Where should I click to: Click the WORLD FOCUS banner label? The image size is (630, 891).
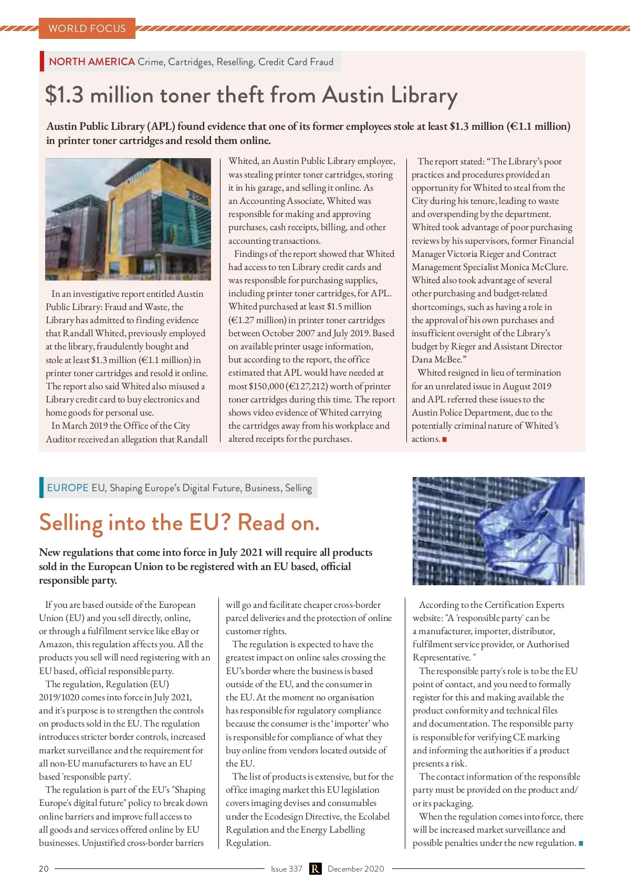pyautogui.click(x=87, y=28)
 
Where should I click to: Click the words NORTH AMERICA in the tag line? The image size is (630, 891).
pyautogui.click(x=92, y=61)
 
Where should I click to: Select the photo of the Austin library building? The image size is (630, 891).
pyautogui.click(x=128, y=219)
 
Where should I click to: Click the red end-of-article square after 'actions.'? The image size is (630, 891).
pyautogui.click(x=445, y=439)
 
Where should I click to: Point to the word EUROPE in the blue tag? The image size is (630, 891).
pyautogui.click(x=68, y=488)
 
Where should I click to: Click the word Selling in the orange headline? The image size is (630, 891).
pyautogui.click(x=71, y=523)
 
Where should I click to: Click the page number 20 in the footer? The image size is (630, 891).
pyautogui.click(x=44, y=868)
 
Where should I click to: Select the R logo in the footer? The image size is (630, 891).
pyautogui.click(x=315, y=868)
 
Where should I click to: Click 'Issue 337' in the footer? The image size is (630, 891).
pyautogui.click(x=287, y=868)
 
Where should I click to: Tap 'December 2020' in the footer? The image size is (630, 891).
pyautogui.click(x=356, y=868)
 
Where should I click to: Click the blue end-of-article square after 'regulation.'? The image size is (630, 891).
pyautogui.click(x=581, y=843)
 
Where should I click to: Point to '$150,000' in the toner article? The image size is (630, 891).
pyautogui.click(x=266, y=386)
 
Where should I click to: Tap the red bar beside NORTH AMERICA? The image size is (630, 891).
pyautogui.click(x=41, y=61)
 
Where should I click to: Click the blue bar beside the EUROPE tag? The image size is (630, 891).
pyautogui.click(x=41, y=488)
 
